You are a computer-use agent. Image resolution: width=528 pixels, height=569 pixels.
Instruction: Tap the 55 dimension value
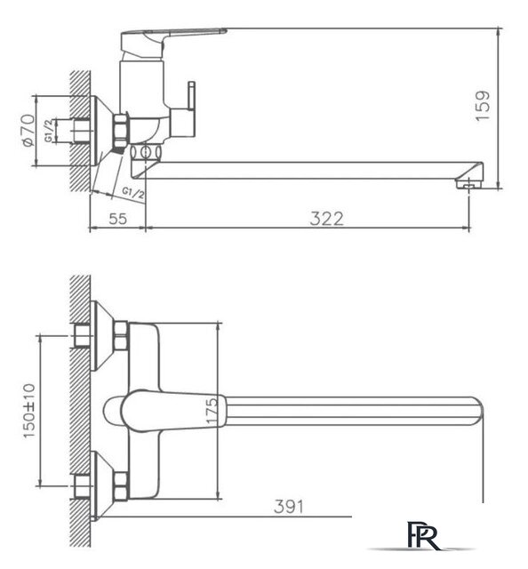tap(116, 218)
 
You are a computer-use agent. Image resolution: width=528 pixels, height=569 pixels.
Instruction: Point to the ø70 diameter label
tap(28, 129)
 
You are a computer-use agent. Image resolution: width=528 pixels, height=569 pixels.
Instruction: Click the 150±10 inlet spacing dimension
tap(30, 410)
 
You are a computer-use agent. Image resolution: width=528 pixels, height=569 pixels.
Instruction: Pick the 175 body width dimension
tap(212, 411)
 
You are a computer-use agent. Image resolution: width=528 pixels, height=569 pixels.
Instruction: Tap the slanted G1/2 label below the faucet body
tap(132, 191)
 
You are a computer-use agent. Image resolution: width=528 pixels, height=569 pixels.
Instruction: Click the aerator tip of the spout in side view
tap(466, 183)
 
